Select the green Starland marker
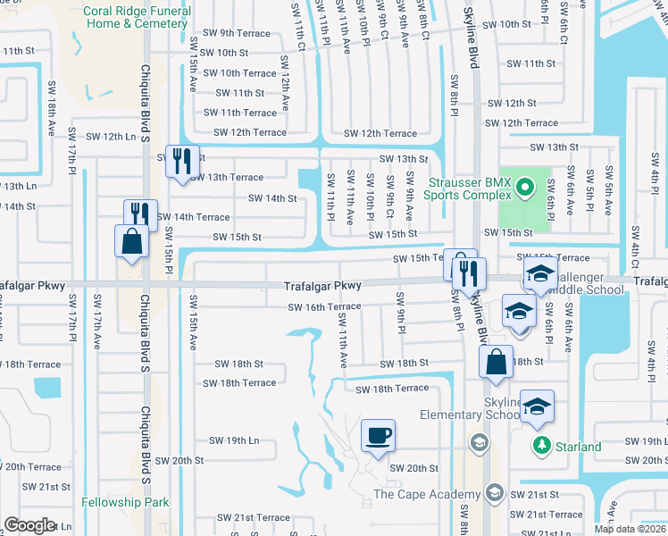(540, 444)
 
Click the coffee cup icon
(377, 435)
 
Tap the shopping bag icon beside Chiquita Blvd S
(131, 241)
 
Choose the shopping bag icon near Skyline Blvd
(496, 362)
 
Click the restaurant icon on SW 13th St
(182, 161)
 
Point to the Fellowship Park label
(125, 503)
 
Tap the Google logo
(29, 525)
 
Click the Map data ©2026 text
(630, 529)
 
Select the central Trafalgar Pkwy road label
(322, 287)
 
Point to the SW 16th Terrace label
(324, 306)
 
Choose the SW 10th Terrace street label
(239, 73)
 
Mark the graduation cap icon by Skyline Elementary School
(536, 406)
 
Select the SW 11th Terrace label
(239, 113)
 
